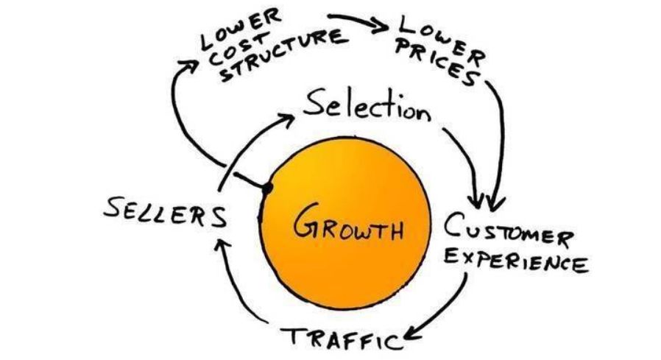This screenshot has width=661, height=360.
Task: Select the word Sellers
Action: pos(164,213)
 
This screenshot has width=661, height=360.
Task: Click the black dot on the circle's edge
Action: pos(267,189)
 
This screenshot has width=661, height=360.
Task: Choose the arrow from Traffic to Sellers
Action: pos(243,302)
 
